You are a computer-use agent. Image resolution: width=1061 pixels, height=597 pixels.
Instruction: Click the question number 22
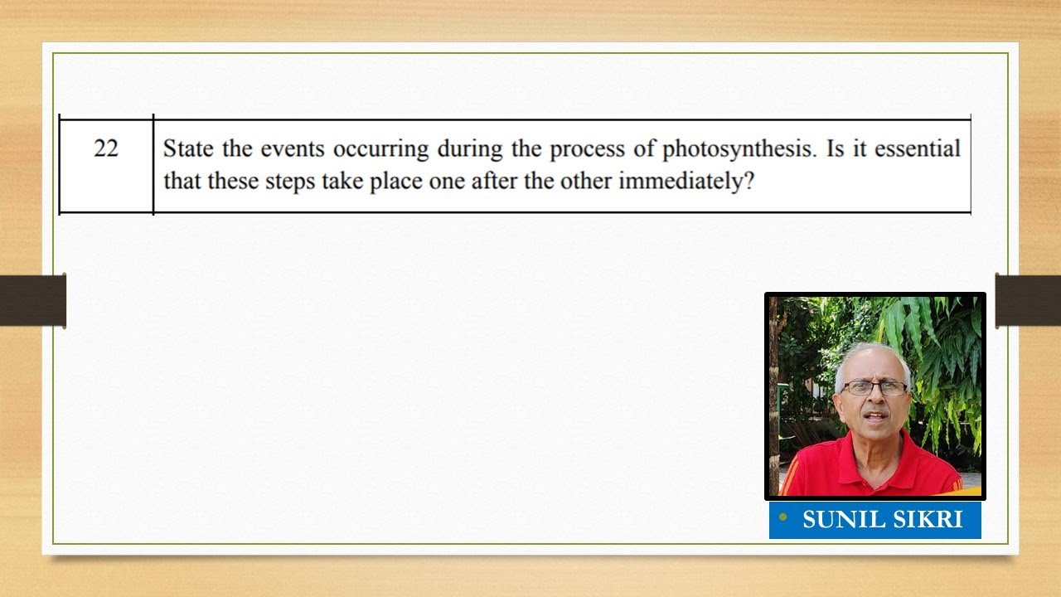[x=106, y=148]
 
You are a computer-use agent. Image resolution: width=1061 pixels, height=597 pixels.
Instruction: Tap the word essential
[x=917, y=149]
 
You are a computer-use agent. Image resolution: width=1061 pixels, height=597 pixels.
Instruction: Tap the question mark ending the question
[x=749, y=181]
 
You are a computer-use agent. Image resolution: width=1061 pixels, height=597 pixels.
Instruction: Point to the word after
[x=495, y=181]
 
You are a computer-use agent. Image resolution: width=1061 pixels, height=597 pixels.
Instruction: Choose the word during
[x=466, y=149]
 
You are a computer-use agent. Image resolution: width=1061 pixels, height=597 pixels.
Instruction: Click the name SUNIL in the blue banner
[x=840, y=520]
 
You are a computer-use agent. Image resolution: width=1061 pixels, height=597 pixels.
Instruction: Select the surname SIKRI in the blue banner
[x=924, y=520]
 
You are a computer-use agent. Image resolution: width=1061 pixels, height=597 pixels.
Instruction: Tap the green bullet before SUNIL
[x=782, y=517]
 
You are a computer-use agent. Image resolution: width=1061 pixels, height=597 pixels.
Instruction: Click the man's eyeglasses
[x=874, y=387]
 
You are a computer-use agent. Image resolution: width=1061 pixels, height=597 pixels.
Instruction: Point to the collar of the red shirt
[x=838, y=454]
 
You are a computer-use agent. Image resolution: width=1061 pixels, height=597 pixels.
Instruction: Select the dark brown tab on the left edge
[x=33, y=300]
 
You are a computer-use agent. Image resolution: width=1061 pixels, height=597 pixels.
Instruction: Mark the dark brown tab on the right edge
[x=1028, y=300]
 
